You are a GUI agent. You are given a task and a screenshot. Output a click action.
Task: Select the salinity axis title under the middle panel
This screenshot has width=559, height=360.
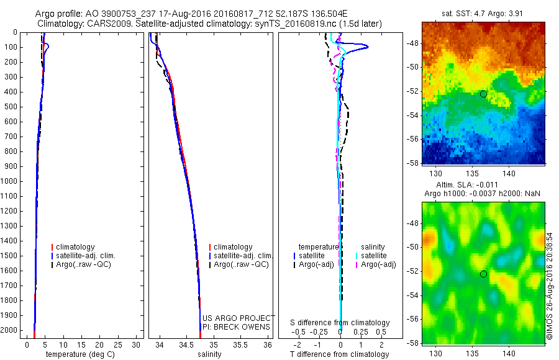click(x=209, y=354)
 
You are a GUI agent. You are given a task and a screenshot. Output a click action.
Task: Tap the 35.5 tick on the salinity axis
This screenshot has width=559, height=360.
click(x=240, y=344)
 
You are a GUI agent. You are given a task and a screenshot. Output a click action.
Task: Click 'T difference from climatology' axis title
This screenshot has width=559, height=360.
click(x=339, y=354)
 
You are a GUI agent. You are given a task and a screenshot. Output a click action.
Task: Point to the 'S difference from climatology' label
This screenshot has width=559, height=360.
click(x=340, y=323)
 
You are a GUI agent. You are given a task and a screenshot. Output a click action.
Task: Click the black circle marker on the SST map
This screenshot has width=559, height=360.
click(x=483, y=94)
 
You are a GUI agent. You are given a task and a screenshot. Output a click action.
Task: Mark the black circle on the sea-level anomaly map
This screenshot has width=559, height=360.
click(x=483, y=274)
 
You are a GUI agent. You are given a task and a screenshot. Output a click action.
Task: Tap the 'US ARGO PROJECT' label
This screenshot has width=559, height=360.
click(x=237, y=318)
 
